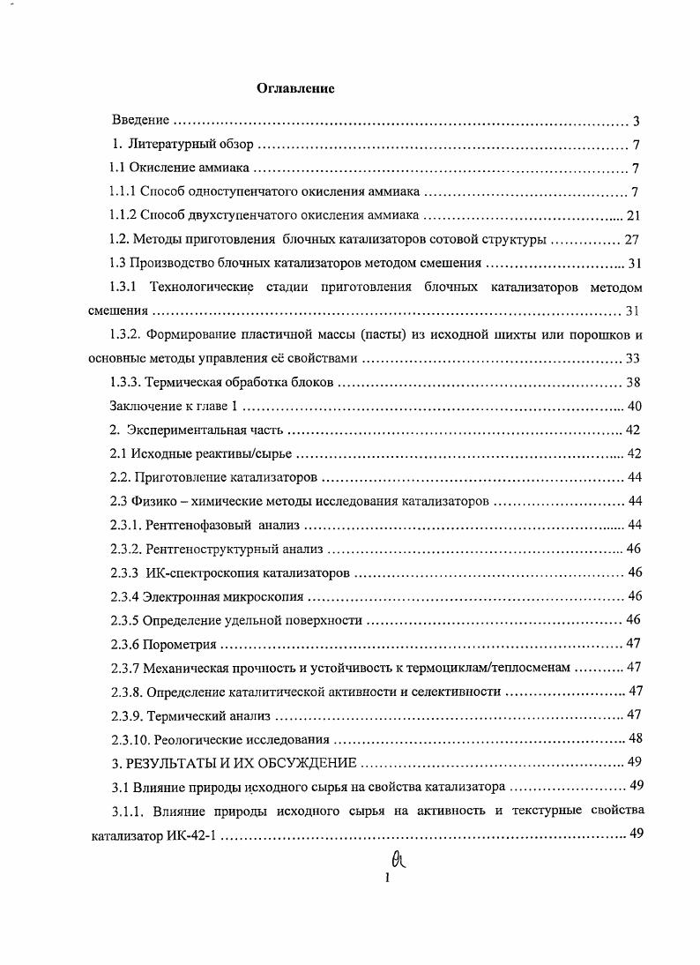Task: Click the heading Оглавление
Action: coord(295,88)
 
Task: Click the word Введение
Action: coord(140,120)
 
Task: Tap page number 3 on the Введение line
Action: coord(636,121)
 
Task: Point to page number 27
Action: coord(631,239)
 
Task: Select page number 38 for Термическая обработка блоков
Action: coord(633,382)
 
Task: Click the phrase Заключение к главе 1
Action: coord(175,406)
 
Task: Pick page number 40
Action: coord(633,406)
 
